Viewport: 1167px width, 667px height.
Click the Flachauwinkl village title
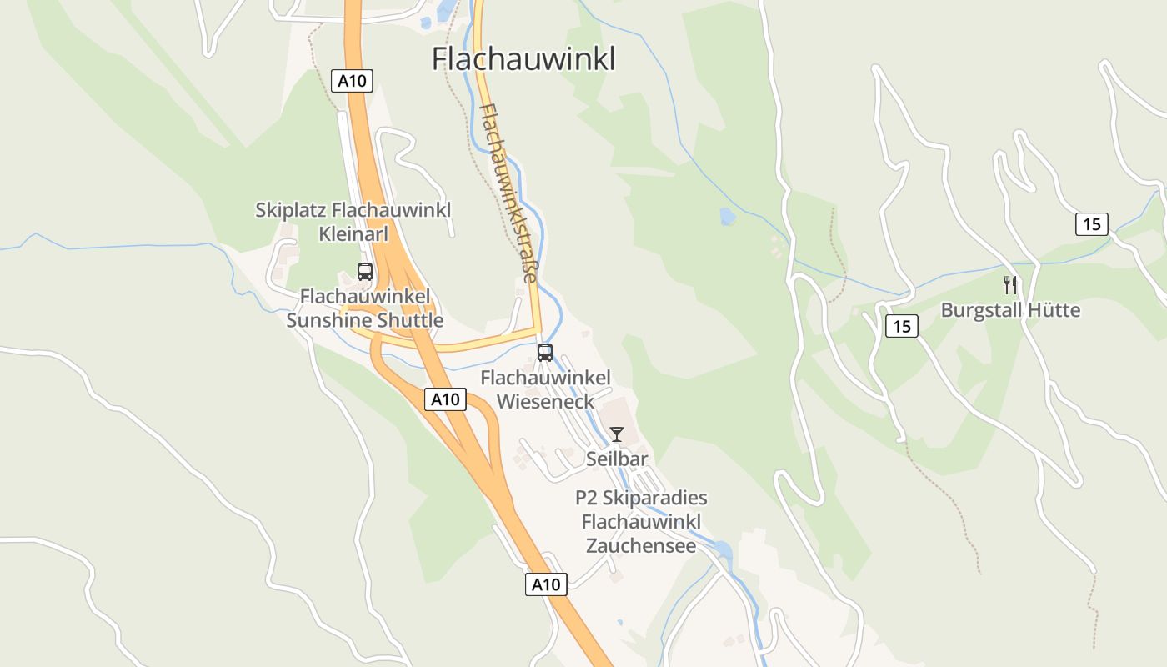click(523, 59)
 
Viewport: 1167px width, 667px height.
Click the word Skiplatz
click(291, 209)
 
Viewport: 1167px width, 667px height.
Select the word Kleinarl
click(353, 233)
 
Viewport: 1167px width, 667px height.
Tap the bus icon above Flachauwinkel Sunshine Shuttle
click(365, 271)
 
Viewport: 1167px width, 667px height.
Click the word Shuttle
click(410, 320)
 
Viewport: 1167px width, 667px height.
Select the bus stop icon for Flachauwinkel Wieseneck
click(545, 352)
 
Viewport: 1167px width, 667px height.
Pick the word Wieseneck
click(545, 402)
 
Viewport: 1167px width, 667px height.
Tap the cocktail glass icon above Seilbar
click(617, 434)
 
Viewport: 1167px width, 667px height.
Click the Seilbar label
click(617, 459)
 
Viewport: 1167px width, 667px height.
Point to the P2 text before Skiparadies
click(587, 498)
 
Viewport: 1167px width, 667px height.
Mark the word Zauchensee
click(641, 546)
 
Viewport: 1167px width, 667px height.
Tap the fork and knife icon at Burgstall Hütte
click(1010, 285)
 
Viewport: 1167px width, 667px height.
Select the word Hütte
click(1053, 310)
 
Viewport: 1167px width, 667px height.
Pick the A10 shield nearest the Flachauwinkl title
click(353, 81)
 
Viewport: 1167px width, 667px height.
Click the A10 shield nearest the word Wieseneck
click(445, 399)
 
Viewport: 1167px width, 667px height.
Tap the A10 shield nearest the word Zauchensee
click(547, 584)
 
